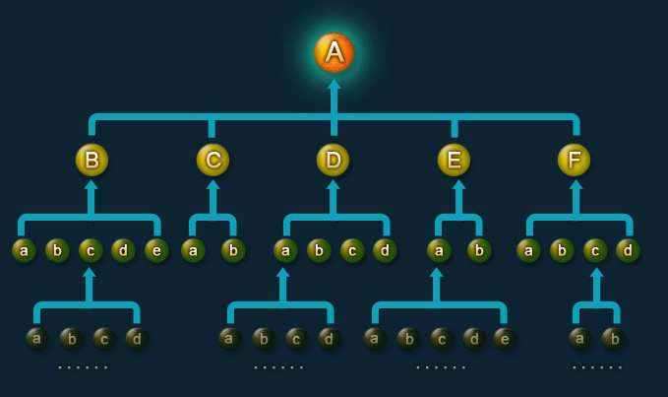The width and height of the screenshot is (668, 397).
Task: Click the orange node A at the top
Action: click(334, 52)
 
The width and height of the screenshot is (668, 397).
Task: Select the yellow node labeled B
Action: click(91, 160)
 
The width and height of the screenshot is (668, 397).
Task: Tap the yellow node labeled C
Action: click(213, 160)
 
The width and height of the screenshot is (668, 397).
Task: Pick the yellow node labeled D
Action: click(334, 160)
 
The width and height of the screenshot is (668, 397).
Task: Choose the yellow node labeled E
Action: click(454, 160)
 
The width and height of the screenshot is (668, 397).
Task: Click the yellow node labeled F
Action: click(574, 160)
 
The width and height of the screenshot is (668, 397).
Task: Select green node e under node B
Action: click(155, 250)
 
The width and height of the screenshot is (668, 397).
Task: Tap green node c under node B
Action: click(91, 250)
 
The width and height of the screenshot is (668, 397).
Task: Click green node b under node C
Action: click(232, 250)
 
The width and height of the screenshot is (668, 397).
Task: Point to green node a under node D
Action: click(285, 250)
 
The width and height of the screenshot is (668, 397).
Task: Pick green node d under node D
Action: click(385, 250)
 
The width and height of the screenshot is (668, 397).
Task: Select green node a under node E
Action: click(439, 250)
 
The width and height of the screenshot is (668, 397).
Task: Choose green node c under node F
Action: click(595, 250)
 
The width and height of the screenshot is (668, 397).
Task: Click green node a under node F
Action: click(528, 250)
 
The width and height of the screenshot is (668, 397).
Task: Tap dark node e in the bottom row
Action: click(505, 339)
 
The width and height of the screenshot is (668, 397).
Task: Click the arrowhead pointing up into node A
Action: click(334, 86)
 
